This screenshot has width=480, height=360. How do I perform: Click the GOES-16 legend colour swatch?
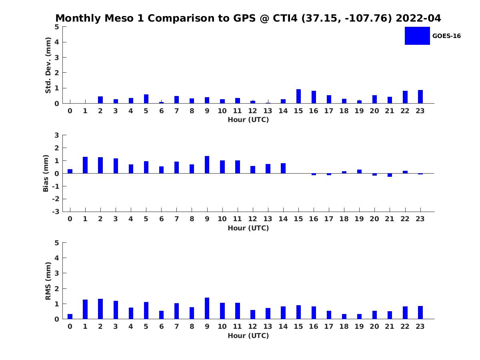[417, 36]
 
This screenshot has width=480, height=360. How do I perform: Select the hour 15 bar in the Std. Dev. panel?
[298, 96]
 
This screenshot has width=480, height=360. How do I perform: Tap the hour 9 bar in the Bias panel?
[207, 165]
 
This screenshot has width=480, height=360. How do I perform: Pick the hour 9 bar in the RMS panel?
[207, 308]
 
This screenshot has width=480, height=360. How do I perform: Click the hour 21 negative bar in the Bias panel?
[390, 175]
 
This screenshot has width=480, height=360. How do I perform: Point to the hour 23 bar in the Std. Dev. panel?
[420, 97]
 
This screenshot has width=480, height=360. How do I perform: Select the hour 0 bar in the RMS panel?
[70, 316]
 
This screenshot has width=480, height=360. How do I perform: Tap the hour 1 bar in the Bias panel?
[85, 165]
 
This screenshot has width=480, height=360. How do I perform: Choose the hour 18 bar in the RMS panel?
[344, 316]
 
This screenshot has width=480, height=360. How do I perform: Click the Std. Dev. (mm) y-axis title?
[48, 65]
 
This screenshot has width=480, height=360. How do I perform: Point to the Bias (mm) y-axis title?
[46, 173]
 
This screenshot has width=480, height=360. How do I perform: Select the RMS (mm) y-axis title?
[48, 281]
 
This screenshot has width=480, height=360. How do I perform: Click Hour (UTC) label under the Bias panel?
[248, 228]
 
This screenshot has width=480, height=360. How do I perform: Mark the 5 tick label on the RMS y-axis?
[57, 243]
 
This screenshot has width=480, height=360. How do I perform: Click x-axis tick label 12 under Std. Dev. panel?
[253, 111]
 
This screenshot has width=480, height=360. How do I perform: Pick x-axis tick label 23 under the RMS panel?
[420, 326]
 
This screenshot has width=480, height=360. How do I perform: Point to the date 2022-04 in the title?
[418, 18]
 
